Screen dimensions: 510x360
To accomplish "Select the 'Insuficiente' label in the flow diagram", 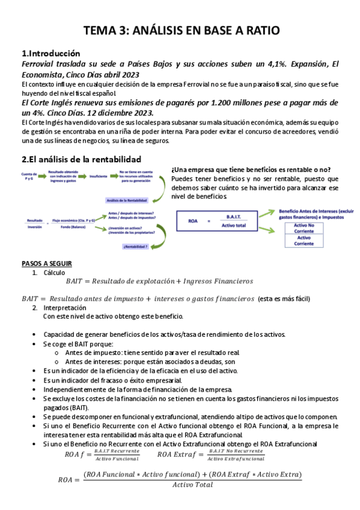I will [x=99, y=176].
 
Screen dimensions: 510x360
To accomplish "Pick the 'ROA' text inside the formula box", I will [x=194, y=221].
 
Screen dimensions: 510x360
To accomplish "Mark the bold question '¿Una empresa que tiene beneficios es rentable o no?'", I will [x=251, y=169].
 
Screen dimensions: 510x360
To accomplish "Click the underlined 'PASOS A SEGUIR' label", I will [x=47, y=263].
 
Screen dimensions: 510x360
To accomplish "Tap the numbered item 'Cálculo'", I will [x=54, y=272].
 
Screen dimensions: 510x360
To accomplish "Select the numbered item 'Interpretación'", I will [x=65, y=307].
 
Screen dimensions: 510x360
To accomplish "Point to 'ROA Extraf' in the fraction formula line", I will [x=174, y=455].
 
